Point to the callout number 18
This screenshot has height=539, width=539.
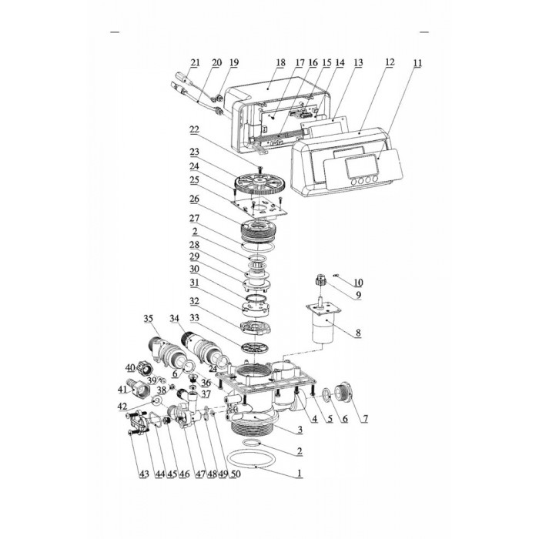coord(280,62)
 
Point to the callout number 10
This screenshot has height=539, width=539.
coord(358,283)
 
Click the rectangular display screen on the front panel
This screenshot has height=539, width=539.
coord(361,167)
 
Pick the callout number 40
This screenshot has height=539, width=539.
coord(130,367)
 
